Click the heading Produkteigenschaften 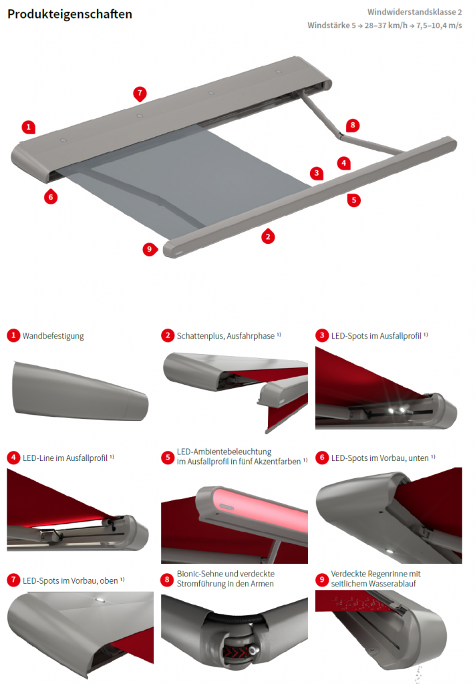click(69, 14)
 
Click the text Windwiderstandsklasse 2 click(414, 12)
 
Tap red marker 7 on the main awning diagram click(140, 93)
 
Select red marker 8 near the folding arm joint click(352, 125)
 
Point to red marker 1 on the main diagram click(27, 126)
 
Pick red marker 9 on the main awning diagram click(150, 249)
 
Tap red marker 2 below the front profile click(268, 235)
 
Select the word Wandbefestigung click(53, 336)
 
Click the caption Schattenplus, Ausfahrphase click(226, 336)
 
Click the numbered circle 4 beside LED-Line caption click(13, 458)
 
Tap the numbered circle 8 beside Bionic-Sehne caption click(168, 578)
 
